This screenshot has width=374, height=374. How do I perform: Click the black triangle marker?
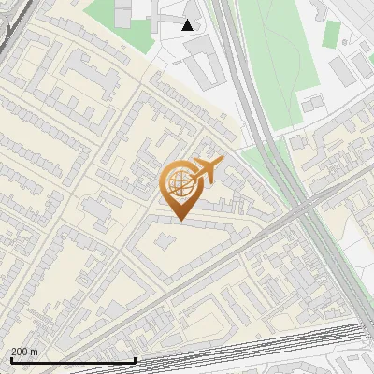[x=188, y=25]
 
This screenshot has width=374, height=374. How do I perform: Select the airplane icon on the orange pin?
[x=208, y=170]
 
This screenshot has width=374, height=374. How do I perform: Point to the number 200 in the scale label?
[x=21, y=352]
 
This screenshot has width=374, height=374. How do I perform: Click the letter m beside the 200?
[x=35, y=352]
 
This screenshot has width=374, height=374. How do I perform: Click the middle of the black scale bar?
[x=73, y=360]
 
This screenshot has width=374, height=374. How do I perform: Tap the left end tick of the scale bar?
[x=11, y=359]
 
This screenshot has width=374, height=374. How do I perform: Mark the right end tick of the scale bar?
[x=135, y=359]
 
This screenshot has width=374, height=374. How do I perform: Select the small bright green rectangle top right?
[x=332, y=34]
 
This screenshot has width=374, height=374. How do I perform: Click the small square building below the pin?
[x=165, y=243]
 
